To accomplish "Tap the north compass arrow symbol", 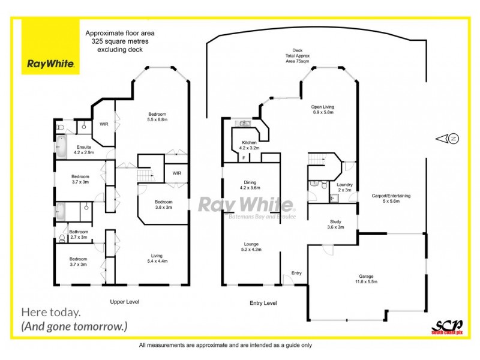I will [449, 139].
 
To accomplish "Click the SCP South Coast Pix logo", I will [445, 325].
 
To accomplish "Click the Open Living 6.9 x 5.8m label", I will [323, 110].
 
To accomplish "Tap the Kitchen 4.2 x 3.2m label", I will [249, 145].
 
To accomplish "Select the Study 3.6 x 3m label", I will [335, 224].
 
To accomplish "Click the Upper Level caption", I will [125, 302].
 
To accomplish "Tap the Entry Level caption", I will [263, 304].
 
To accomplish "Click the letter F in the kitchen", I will [244, 158].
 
